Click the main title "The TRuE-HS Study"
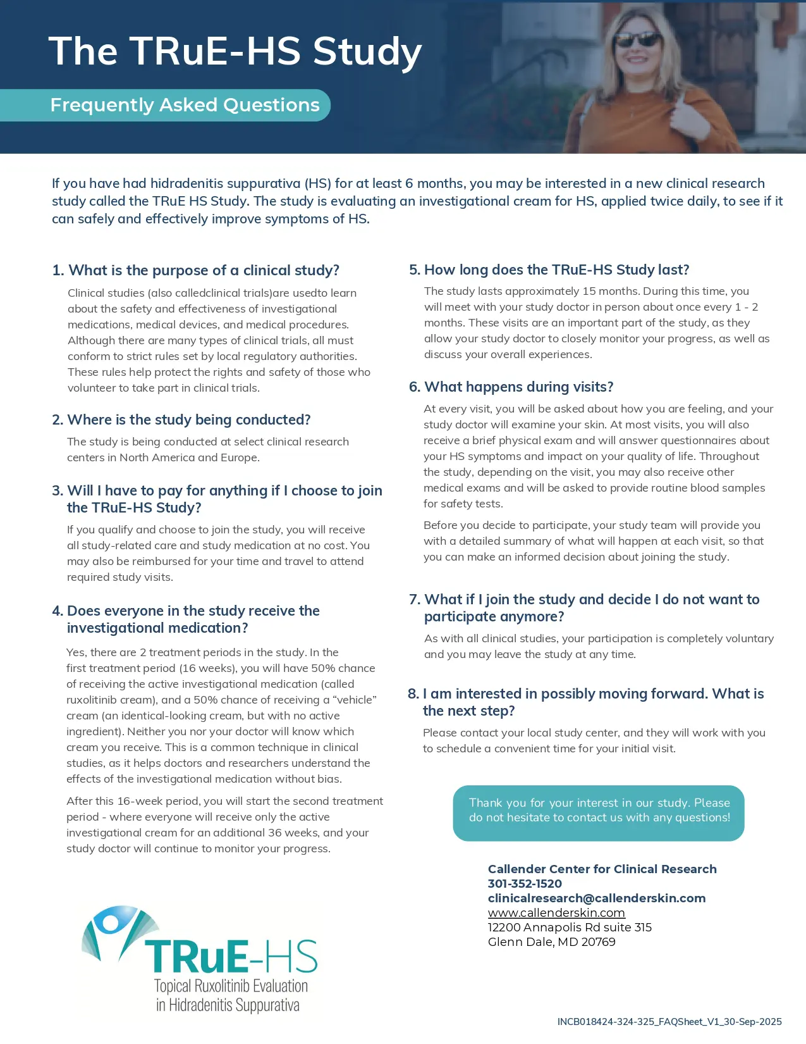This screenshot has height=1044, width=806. pos(235,51)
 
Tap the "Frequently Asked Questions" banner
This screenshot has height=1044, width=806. pos(185,105)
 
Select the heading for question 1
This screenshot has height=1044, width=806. pos(196,270)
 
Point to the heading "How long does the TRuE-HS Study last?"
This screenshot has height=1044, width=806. pos(549,270)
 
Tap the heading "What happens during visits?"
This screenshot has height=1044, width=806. pos(511,387)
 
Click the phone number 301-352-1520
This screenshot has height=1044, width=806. pos(525,883)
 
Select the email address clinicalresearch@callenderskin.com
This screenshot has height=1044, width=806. pos(596,898)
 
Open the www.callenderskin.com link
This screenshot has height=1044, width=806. pos(556,913)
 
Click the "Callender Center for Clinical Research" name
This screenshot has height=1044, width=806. pos(602,869)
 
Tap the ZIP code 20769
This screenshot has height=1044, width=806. pos(598,942)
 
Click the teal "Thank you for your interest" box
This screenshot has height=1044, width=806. pos(599,813)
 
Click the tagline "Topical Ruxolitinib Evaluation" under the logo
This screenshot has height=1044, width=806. pos(231,986)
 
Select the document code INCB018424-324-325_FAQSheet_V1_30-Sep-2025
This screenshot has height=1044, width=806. pos(669,1022)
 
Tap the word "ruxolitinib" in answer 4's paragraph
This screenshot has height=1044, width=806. pos(94,700)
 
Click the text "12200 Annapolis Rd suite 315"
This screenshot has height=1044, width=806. pos(570,928)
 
